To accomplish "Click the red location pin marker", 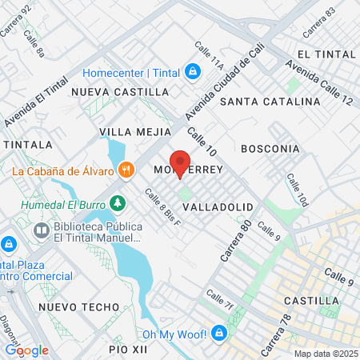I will pos(180,162).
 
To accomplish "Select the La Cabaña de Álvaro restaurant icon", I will pos(126,170).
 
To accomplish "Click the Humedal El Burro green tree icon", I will pos(118,203).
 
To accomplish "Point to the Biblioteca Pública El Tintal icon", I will pos(41,231).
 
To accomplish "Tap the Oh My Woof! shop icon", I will pos(218,334).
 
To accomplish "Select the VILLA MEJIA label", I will pos(135,130).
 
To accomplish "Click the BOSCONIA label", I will pos(270,149).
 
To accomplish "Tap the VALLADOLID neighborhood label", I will pos(218,206).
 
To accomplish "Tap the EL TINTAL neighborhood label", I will pos(324,54).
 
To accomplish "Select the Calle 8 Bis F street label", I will pos(163,206).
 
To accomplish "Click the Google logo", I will pos(26,350).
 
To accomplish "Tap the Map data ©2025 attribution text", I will pos(325,354).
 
